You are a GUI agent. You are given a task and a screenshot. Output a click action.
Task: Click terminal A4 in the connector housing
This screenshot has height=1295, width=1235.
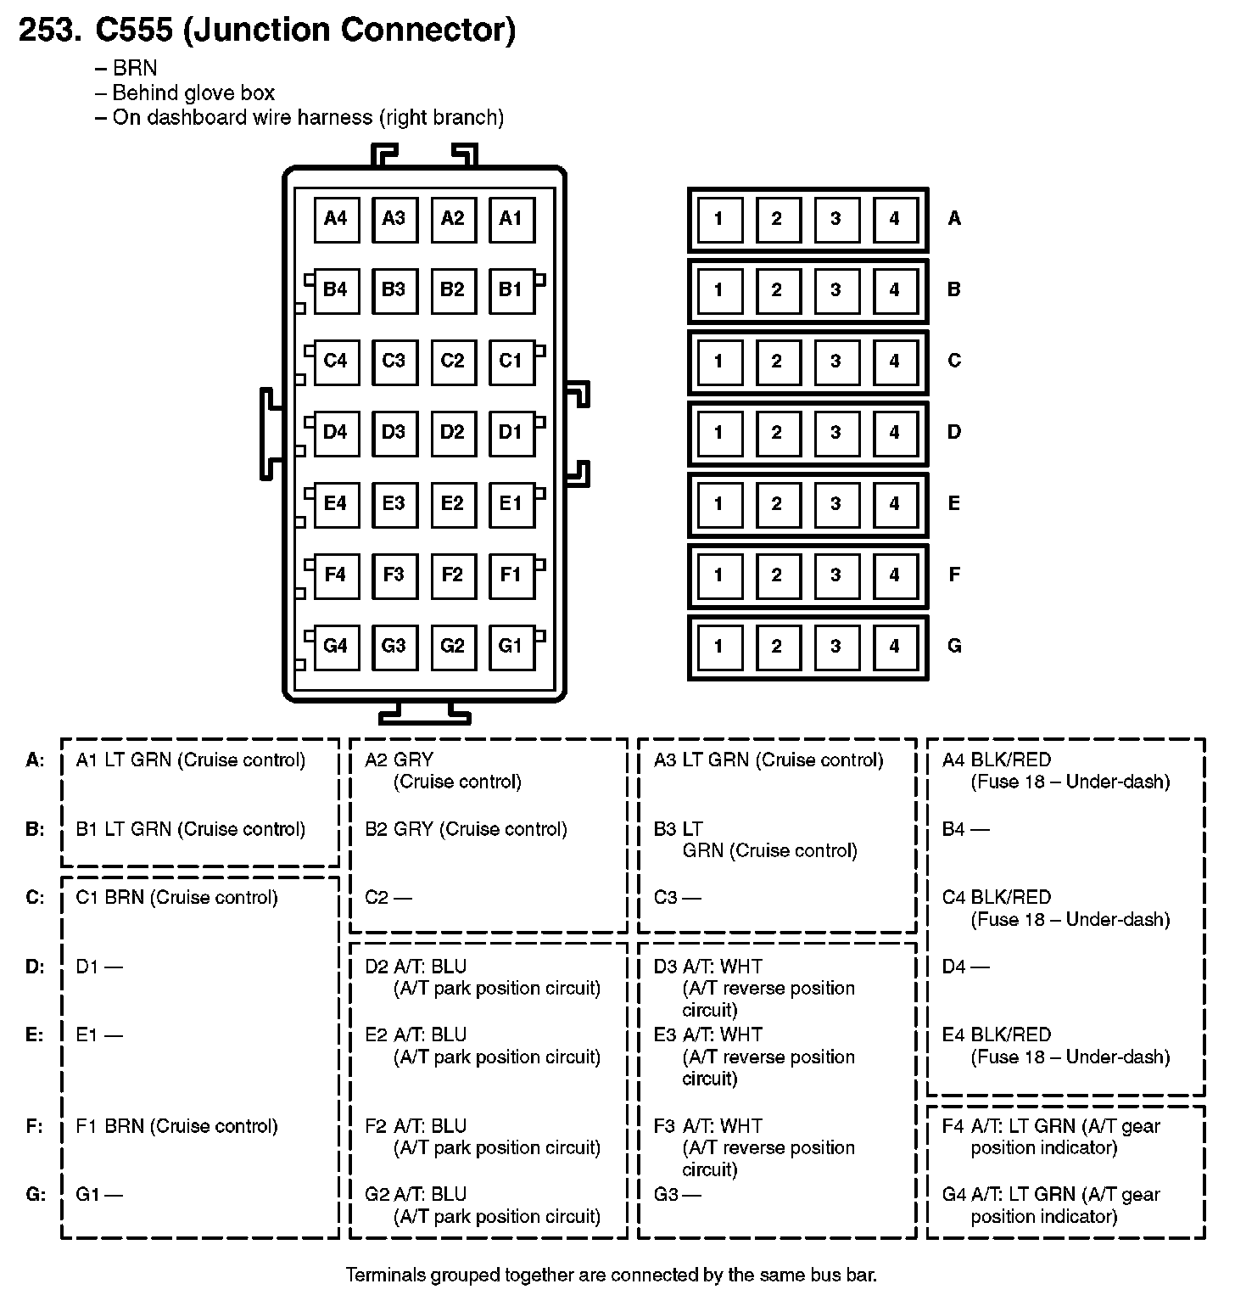click(336, 219)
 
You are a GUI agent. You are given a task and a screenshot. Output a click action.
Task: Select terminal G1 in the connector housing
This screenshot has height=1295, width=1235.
click(511, 647)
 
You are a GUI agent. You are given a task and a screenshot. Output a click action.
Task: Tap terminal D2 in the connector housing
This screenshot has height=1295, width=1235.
click(452, 433)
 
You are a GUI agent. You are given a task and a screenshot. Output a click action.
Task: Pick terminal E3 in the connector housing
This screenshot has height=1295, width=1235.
click(394, 504)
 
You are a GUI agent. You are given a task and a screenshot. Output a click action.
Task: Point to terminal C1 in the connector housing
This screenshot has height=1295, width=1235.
click(511, 362)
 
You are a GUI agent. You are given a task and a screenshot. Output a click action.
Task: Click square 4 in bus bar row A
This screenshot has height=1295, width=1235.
click(894, 219)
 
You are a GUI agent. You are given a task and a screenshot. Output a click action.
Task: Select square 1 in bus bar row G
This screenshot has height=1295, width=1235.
click(718, 647)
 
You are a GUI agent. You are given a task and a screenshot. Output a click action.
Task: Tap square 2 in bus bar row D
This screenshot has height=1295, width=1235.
click(777, 433)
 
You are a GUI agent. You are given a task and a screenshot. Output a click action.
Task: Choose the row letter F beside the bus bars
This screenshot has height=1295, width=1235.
click(954, 575)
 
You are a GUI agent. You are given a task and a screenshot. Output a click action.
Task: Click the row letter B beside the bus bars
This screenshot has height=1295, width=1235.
click(954, 290)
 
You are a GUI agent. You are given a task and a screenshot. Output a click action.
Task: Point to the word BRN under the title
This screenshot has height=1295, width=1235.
click(135, 69)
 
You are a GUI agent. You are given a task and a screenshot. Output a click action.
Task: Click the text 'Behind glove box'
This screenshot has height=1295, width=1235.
click(193, 93)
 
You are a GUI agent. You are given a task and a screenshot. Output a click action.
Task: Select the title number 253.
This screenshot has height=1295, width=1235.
click(50, 30)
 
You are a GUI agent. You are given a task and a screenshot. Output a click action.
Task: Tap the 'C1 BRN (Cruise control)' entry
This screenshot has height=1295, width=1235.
click(177, 898)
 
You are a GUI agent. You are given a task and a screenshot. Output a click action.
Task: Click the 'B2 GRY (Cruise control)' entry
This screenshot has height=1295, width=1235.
click(466, 829)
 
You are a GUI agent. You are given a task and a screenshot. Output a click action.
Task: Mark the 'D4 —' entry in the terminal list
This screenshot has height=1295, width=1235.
click(966, 967)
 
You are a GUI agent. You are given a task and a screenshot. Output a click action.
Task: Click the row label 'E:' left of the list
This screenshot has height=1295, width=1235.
click(35, 1035)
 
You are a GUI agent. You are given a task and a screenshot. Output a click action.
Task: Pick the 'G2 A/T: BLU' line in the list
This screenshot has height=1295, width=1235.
click(416, 1195)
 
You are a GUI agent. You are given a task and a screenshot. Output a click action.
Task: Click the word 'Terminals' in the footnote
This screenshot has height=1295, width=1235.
click(387, 1275)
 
